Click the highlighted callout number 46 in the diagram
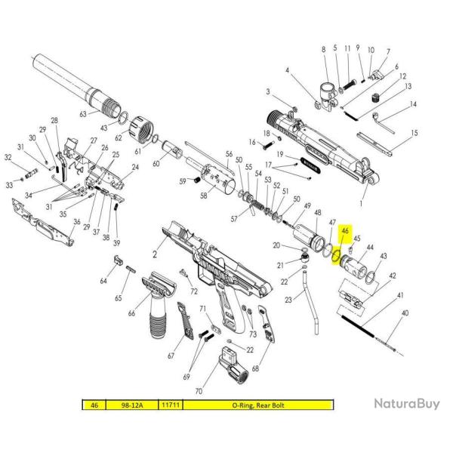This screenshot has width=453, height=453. coord(345,232)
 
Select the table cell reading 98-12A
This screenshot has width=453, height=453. coord(131,405)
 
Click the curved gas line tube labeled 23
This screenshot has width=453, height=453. coord(310,302)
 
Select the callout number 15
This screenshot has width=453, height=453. coord(414,133)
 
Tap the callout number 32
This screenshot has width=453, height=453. coord(8,158)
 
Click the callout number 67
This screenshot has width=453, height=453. coord(171,355)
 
